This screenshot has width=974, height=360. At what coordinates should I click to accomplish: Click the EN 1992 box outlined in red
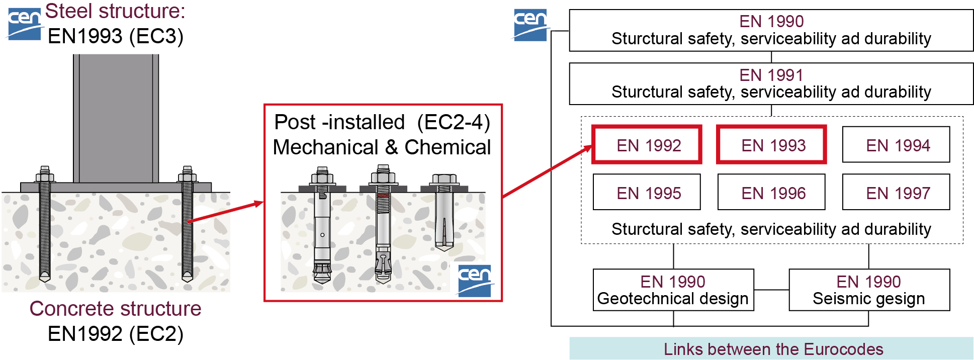(x=647, y=145)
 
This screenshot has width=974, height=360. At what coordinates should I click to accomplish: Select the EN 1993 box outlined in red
(x=772, y=145)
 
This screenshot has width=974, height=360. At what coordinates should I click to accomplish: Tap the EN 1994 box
(x=896, y=145)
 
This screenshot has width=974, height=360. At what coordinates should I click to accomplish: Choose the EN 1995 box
(x=647, y=192)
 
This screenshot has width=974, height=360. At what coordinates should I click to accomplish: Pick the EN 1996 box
(x=772, y=192)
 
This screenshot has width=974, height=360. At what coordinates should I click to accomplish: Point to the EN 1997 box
(x=896, y=192)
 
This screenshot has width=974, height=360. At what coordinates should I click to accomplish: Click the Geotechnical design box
(x=673, y=290)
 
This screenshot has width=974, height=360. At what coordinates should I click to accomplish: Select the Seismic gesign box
(x=869, y=290)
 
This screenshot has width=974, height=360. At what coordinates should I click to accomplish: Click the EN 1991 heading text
(x=771, y=75)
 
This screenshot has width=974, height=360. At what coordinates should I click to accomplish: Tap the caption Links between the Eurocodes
(x=773, y=349)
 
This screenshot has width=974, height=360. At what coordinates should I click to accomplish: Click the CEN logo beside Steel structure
(x=24, y=23)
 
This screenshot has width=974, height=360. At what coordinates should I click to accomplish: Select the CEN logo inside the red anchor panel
(x=474, y=280)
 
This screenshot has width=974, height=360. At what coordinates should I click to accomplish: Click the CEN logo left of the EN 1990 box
(x=530, y=24)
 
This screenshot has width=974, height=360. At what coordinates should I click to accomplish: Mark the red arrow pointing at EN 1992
(x=548, y=171)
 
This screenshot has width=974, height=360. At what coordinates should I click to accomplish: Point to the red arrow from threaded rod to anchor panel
(x=226, y=211)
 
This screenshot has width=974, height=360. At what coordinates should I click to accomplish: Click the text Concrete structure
(x=115, y=308)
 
